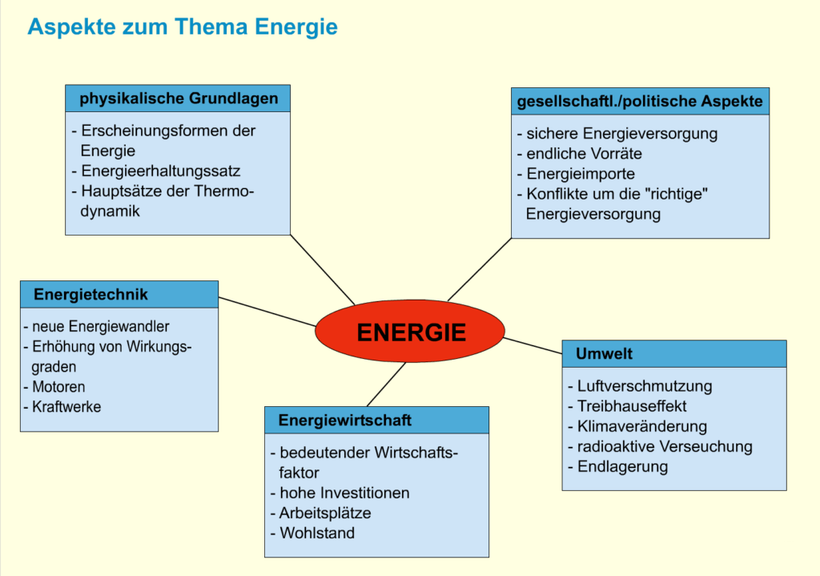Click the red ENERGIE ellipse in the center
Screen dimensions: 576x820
[410, 332]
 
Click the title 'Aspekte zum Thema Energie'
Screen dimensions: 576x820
[183, 27]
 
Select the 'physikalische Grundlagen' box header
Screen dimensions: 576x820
[178, 99]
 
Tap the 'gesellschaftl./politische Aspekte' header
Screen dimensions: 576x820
[640, 102]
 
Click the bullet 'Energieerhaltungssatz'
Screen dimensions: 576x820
[160, 171]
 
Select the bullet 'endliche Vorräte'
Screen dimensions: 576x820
[584, 154]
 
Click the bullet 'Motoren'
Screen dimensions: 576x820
[58, 387]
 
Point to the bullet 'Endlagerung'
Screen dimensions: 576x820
[622, 466]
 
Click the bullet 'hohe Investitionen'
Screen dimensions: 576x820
[344, 493]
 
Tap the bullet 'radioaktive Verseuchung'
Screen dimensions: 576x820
[664, 446]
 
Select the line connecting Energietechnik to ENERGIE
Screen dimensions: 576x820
[267, 312]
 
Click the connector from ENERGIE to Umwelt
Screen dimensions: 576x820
[533, 345]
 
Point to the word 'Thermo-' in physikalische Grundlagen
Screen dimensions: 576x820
[224, 191]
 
